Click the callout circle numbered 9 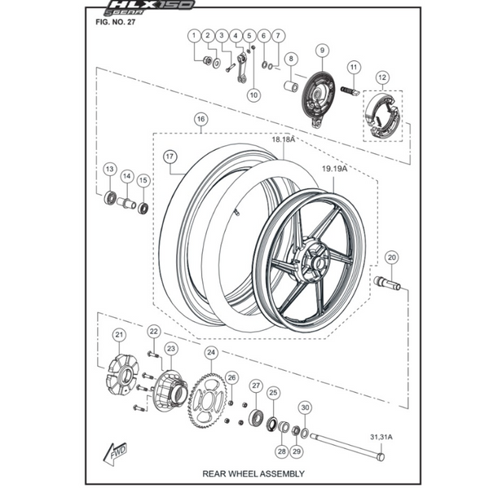[322, 51]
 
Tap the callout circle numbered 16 [200, 119]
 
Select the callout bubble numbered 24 [211, 352]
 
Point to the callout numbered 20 [392, 258]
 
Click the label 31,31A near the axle [381, 437]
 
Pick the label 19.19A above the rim [334, 169]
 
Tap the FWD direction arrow [115, 453]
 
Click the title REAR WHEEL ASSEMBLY [253, 474]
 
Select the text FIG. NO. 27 [116, 22]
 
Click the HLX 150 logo [149, 7]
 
